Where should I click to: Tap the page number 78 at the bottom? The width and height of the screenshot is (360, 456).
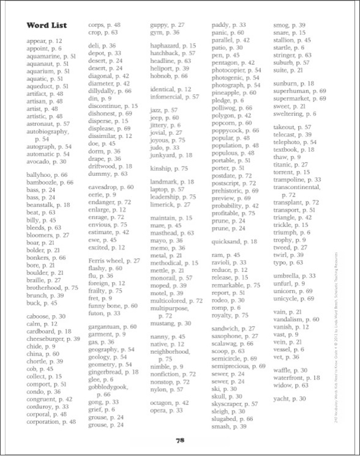pyautogui.click(x=180, y=440)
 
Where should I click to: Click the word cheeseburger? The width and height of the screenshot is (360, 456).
pyautogui.click(x=53, y=338)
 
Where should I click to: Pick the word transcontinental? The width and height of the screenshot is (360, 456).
pyautogui.click(x=297, y=187)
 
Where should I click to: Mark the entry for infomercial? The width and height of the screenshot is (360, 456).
pyautogui.click(x=174, y=97)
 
